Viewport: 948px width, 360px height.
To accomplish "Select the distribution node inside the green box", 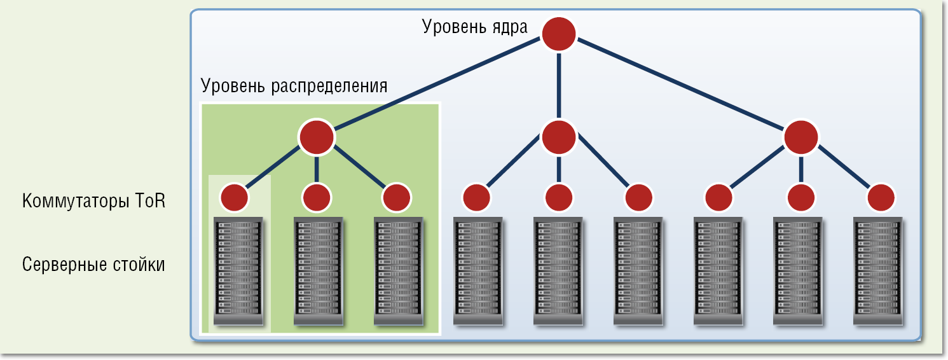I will (x=317, y=137).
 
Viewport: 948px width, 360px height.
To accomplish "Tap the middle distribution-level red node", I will (x=559, y=137).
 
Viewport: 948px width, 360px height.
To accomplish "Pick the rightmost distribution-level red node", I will (x=800, y=137).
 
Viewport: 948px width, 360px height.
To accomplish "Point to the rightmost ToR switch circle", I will (x=881, y=198).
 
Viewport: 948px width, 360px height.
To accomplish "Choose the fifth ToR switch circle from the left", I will (x=559, y=198).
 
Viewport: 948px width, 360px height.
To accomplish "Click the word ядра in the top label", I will (x=509, y=27).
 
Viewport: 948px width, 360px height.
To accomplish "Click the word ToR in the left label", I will (x=150, y=202).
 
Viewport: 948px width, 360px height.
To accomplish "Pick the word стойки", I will (x=143, y=265).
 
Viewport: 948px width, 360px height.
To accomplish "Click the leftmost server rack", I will (x=237, y=272).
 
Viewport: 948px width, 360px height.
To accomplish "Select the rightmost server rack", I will (x=878, y=272).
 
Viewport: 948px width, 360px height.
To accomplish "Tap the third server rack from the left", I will (x=397, y=272).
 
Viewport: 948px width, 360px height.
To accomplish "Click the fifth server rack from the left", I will (x=558, y=272).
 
